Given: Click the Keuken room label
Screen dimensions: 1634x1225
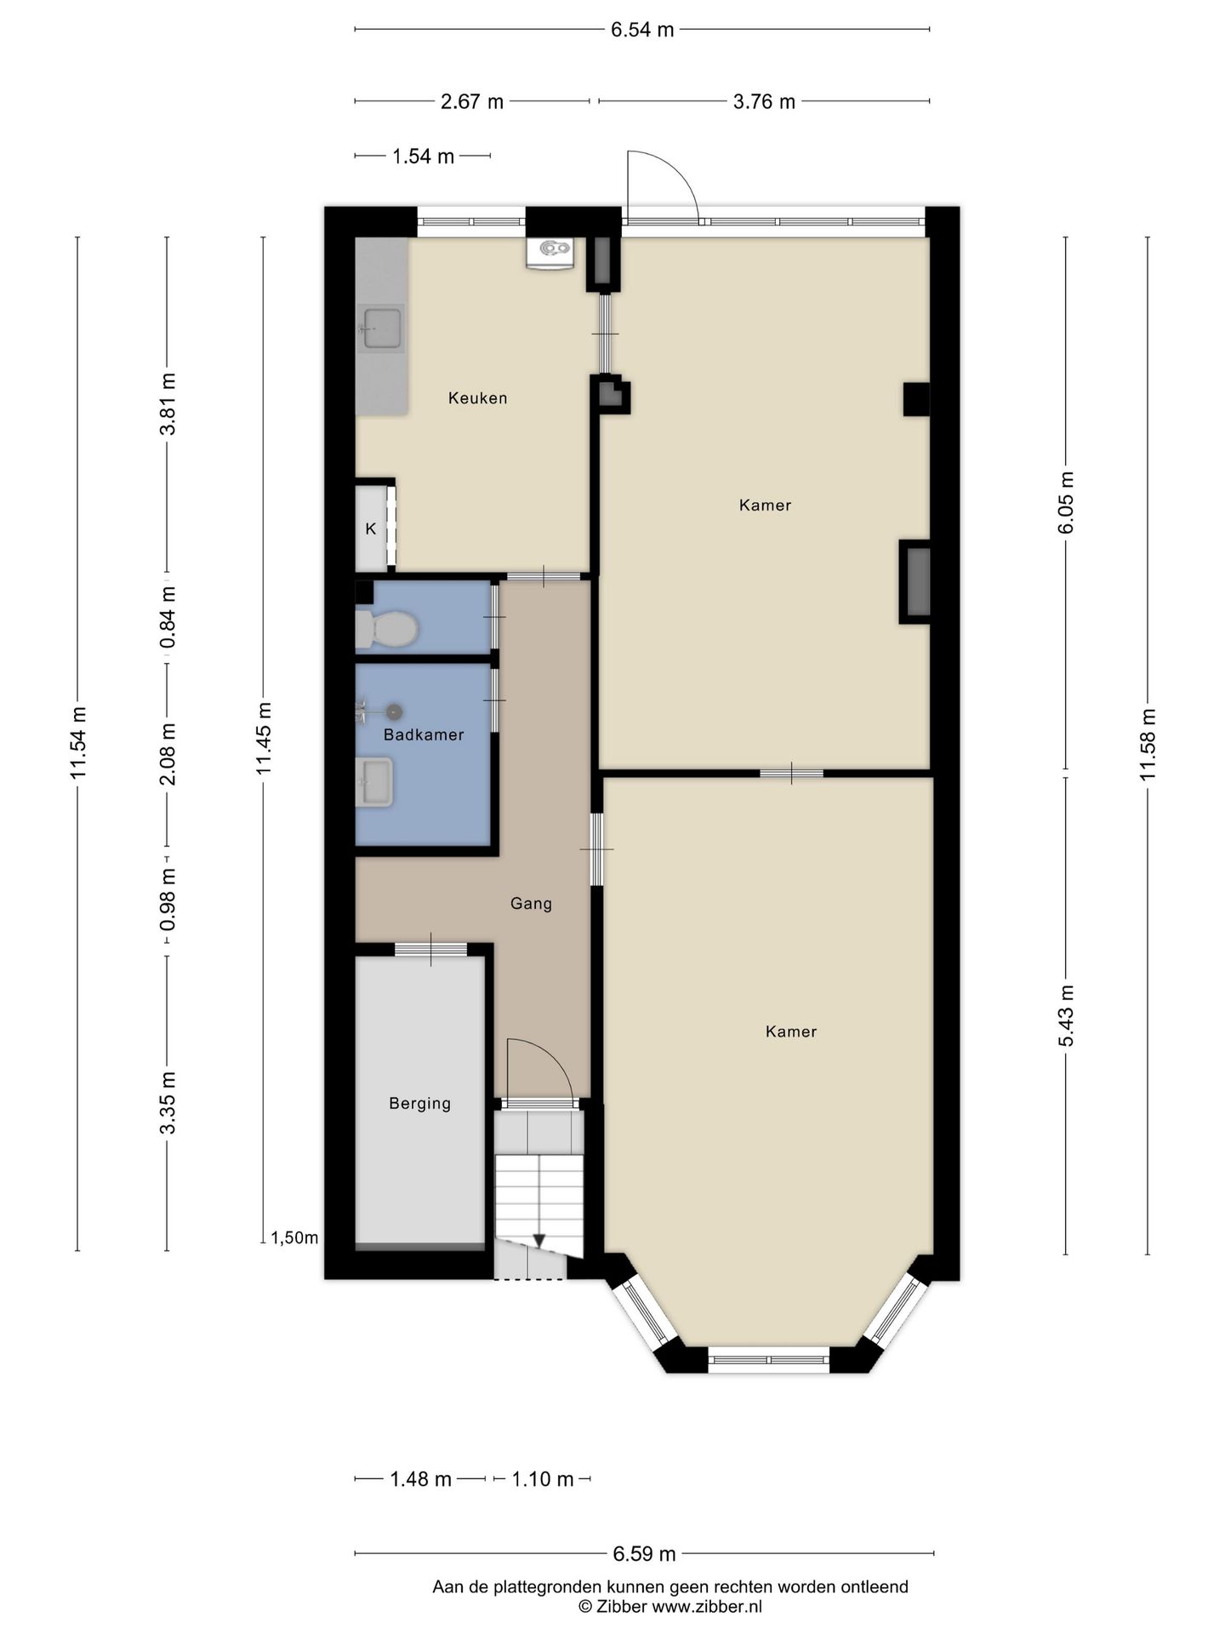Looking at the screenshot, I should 477,397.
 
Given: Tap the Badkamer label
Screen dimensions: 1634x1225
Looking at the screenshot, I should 423,734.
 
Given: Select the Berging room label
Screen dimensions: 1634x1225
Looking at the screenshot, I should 419,1103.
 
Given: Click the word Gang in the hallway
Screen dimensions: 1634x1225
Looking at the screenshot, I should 531,903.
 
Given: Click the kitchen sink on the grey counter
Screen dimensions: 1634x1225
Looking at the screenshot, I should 382,329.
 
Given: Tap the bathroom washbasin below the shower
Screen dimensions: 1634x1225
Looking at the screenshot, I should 375,782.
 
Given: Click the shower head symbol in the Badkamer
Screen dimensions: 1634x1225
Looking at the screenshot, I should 393,711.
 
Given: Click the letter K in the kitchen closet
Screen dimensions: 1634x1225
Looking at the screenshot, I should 370,528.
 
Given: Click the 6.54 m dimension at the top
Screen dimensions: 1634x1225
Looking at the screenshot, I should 641,30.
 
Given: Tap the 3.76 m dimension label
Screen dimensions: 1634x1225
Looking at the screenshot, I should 763,101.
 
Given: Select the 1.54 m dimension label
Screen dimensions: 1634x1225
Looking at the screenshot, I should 423,156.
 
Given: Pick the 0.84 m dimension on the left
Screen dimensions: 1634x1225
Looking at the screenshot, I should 168,616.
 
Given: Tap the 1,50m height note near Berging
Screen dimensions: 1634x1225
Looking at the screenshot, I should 294,1237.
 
